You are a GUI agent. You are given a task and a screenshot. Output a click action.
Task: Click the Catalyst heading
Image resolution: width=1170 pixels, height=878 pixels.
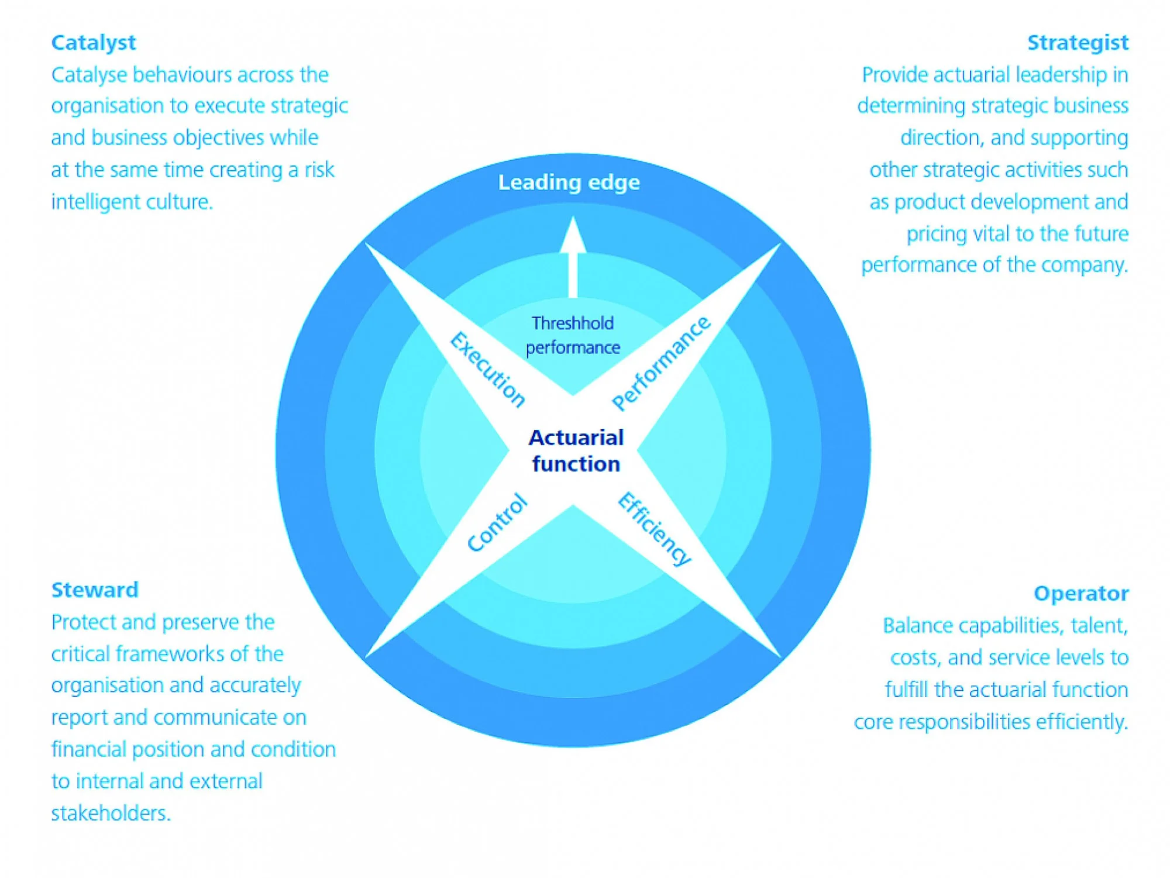[x=94, y=43]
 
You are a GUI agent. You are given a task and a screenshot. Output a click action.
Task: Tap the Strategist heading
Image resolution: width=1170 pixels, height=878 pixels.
[x=1077, y=43]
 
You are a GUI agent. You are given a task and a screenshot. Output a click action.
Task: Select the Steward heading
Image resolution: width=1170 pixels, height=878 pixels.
[x=95, y=590]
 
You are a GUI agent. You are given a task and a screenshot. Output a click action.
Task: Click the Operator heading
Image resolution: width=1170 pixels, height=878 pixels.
[x=1080, y=593]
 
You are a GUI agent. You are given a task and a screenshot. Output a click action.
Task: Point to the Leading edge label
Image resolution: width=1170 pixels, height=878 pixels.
[x=569, y=183]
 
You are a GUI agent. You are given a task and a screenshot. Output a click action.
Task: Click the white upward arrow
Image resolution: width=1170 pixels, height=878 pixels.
[x=573, y=257]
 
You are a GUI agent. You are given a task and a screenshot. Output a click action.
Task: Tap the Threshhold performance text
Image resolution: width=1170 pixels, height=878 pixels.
[x=573, y=335]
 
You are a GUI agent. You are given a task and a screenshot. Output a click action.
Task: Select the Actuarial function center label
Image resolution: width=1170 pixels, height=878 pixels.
[x=576, y=450]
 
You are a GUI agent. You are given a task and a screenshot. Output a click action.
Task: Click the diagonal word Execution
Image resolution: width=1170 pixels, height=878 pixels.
[x=487, y=369]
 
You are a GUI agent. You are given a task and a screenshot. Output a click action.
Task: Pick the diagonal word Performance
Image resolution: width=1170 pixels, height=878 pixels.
[x=661, y=363]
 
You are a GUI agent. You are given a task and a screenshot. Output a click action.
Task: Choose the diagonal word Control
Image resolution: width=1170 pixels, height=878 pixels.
[x=497, y=522]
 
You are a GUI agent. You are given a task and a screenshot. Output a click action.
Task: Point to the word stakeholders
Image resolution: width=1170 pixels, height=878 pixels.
[x=111, y=813]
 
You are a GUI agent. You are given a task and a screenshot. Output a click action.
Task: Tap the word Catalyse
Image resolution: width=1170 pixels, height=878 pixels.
[x=88, y=75]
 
